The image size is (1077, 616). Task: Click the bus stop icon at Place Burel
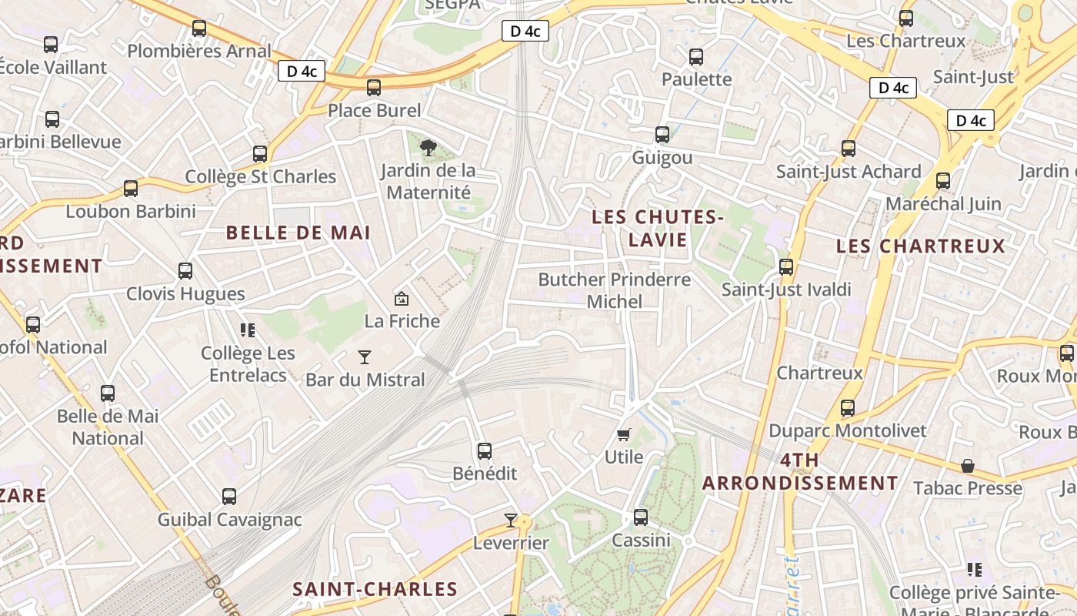[x=374, y=88]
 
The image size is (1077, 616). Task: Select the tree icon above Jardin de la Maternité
[x=428, y=148]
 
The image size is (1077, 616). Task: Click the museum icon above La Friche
[x=401, y=299]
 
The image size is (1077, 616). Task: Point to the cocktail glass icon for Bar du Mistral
[x=365, y=357]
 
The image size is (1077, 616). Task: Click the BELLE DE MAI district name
[x=298, y=233]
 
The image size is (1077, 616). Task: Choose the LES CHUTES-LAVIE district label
[x=658, y=229]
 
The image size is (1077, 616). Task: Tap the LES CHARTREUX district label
[x=921, y=246]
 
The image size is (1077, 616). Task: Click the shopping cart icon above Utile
[x=624, y=435]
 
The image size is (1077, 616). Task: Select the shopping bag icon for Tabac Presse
[x=968, y=466]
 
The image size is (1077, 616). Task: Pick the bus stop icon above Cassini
[x=641, y=517]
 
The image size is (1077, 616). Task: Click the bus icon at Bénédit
[x=485, y=451]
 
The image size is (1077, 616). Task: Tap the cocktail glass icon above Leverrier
[x=511, y=521]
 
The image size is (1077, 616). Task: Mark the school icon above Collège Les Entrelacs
[x=248, y=330]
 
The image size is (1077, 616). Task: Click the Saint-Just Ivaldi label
[x=786, y=290]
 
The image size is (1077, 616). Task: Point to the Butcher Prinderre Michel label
[x=615, y=290]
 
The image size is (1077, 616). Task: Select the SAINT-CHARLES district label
[x=375, y=590]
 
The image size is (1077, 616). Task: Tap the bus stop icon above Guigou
[x=662, y=135]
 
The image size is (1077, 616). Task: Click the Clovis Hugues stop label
[x=185, y=293]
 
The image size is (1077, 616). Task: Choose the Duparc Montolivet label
[x=848, y=430]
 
